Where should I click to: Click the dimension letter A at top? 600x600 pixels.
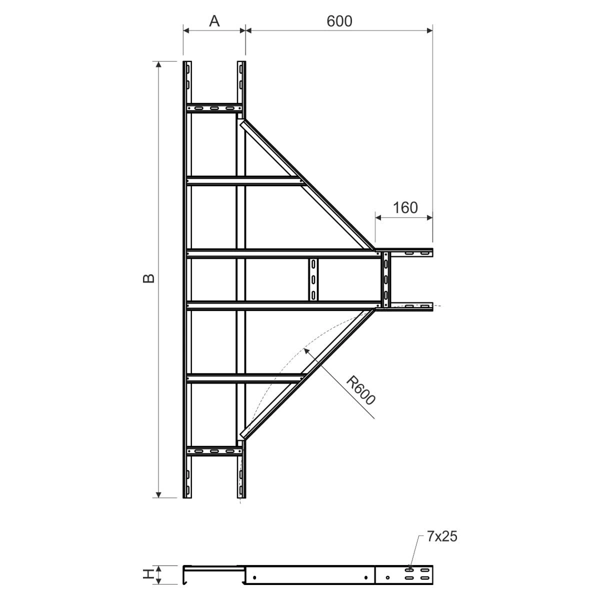pyautogui.click(x=214, y=21)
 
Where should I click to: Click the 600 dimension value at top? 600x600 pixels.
pyautogui.click(x=339, y=21)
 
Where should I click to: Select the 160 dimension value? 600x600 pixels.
pyautogui.click(x=405, y=207)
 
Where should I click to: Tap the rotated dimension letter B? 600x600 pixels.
pyautogui.click(x=148, y=278)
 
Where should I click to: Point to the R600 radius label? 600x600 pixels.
pyautogui.click(x=361, y=390)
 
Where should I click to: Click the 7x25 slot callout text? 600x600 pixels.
pyautogui.click(x=442, y=537)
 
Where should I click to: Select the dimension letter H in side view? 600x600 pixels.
pyautogui.click(x=148, y=575)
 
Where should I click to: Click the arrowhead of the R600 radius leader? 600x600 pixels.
pyautogui.click(x=306, y=349)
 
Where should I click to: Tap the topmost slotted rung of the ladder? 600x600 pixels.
pyautogui.click(x=214, y=107)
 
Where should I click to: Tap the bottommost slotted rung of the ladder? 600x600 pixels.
pyautogui.click(x=214, y=451)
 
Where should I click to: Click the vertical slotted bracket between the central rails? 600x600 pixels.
pyautogui.click(x=313, y=279)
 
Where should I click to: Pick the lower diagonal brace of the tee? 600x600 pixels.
pyautogui.click(x=307, y=372)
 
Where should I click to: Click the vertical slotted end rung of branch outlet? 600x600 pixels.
pyautogui.click(x=386, y=279)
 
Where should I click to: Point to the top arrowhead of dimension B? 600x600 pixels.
pyautogui.click(x=159, y=64)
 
